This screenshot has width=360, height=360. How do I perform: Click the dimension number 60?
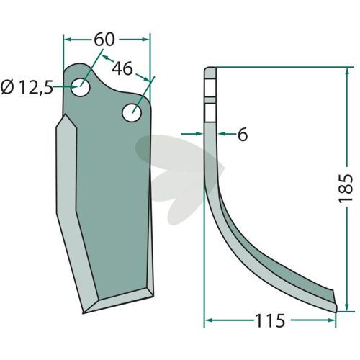(104, 40)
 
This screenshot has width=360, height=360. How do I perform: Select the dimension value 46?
(122, 68)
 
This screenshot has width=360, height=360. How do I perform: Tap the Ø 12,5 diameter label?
(27, 87)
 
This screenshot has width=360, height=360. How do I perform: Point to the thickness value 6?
(243, 135)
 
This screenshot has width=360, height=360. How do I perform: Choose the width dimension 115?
(270, 320)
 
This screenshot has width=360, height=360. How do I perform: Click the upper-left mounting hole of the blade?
(81, 87)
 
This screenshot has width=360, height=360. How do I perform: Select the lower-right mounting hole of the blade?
(132, 112)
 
